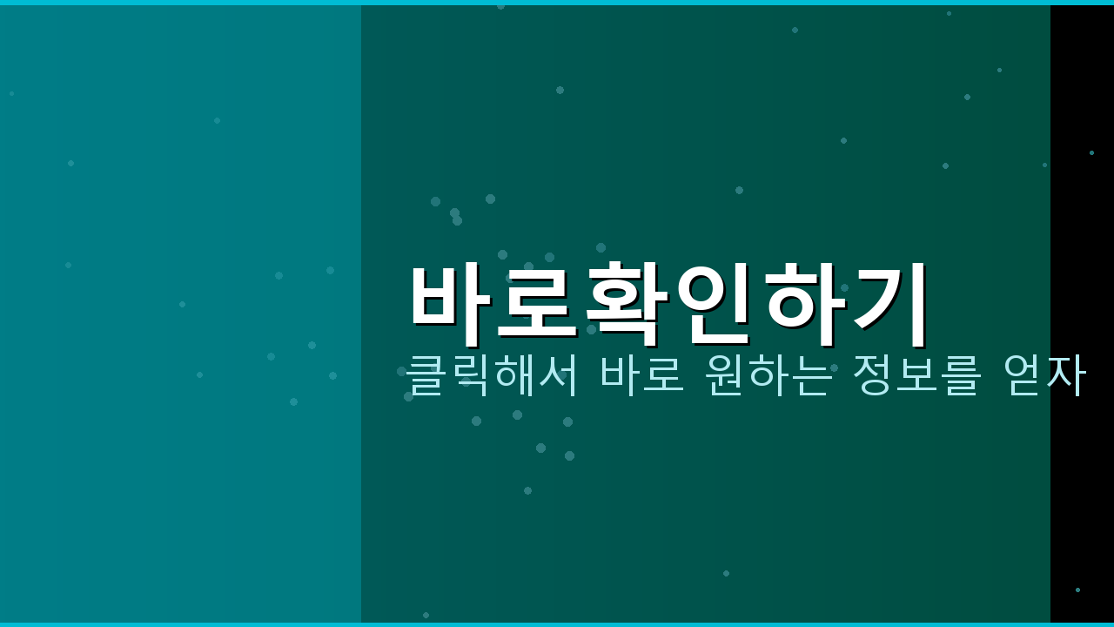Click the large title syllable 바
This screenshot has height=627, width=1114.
[x=450, y=300]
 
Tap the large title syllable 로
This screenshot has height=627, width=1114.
[x=537, y=300]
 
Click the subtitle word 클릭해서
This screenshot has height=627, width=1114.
[x=492, y=375]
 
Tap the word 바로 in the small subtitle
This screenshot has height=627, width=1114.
[x=642, y=375]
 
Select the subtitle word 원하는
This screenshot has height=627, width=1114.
[x=768, y=375]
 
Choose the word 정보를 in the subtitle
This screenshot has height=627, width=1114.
[x=916, y=375]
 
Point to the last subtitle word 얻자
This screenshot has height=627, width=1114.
[x=1044, y=375]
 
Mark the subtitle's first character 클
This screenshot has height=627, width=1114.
[x=426, y=375]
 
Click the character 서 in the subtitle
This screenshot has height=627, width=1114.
[x=559, y=375]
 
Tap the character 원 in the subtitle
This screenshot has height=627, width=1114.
[x=725, y=375]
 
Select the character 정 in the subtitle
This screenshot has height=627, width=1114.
[x=872, y=375]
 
